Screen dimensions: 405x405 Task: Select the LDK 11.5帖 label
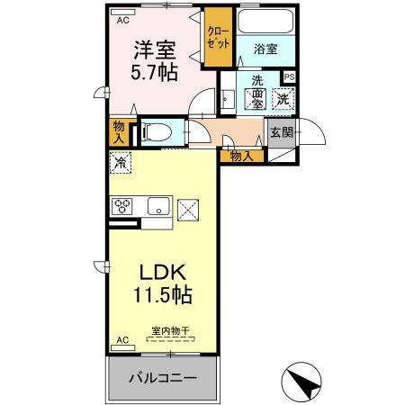pos(162,282)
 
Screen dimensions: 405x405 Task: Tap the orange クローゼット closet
pos(219,37)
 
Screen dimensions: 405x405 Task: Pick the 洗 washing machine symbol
pos(283,98)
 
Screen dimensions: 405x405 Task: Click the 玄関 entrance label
pos(281,134)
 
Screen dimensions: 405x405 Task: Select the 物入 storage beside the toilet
pos(119,131)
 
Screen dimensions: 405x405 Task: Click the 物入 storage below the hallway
pos(241,157)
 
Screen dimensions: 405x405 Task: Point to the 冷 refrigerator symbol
pos(120,163)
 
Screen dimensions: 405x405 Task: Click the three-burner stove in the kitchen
pos(122,206)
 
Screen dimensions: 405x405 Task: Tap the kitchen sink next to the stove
pos(158,206)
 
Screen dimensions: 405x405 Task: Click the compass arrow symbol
pos(302,382)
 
